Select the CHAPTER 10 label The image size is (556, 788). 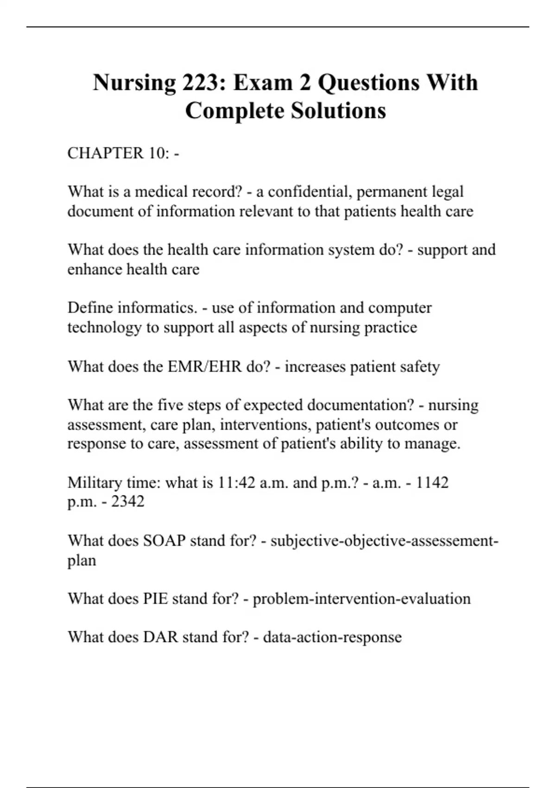[x=118, y=153]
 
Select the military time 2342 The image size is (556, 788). [x=127, y=502]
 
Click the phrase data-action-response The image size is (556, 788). [x=332, y=637]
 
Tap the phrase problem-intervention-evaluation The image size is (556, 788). [x=361, y=598]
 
